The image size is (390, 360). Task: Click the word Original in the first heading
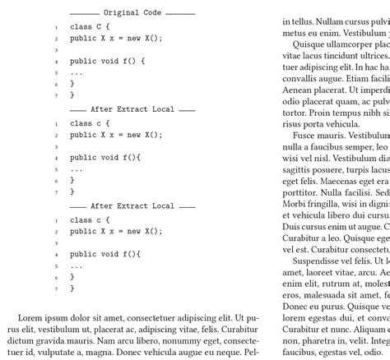[122, 13]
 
